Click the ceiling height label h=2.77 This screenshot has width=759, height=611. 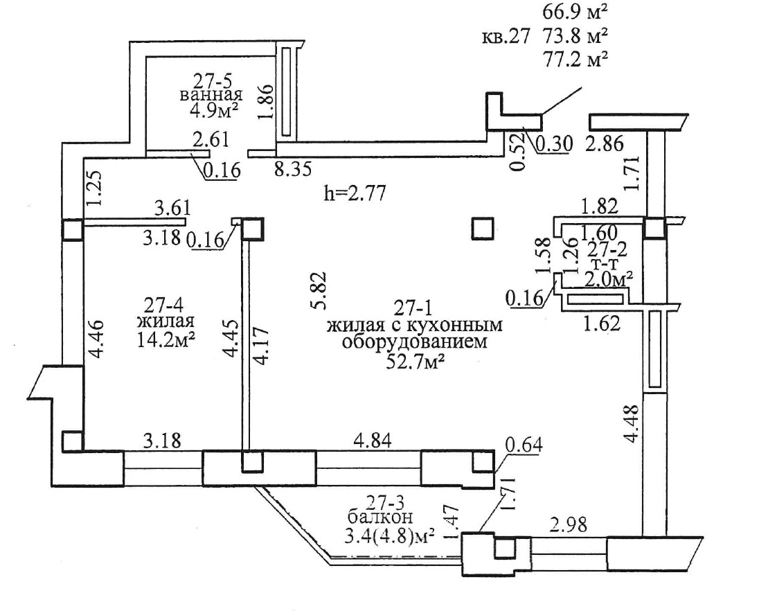355,194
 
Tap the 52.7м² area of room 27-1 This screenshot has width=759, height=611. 416,362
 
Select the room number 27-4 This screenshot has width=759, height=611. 165,305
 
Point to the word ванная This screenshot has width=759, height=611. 211,94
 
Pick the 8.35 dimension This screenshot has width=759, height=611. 293,170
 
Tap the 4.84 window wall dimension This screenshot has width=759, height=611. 373,440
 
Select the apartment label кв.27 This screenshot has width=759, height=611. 506,37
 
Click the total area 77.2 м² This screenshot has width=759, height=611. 575,59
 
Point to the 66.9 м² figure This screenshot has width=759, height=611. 575,12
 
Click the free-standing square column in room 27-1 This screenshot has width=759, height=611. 483,229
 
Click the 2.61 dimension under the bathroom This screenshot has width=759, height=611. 211,139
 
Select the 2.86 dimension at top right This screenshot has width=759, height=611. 605,144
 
